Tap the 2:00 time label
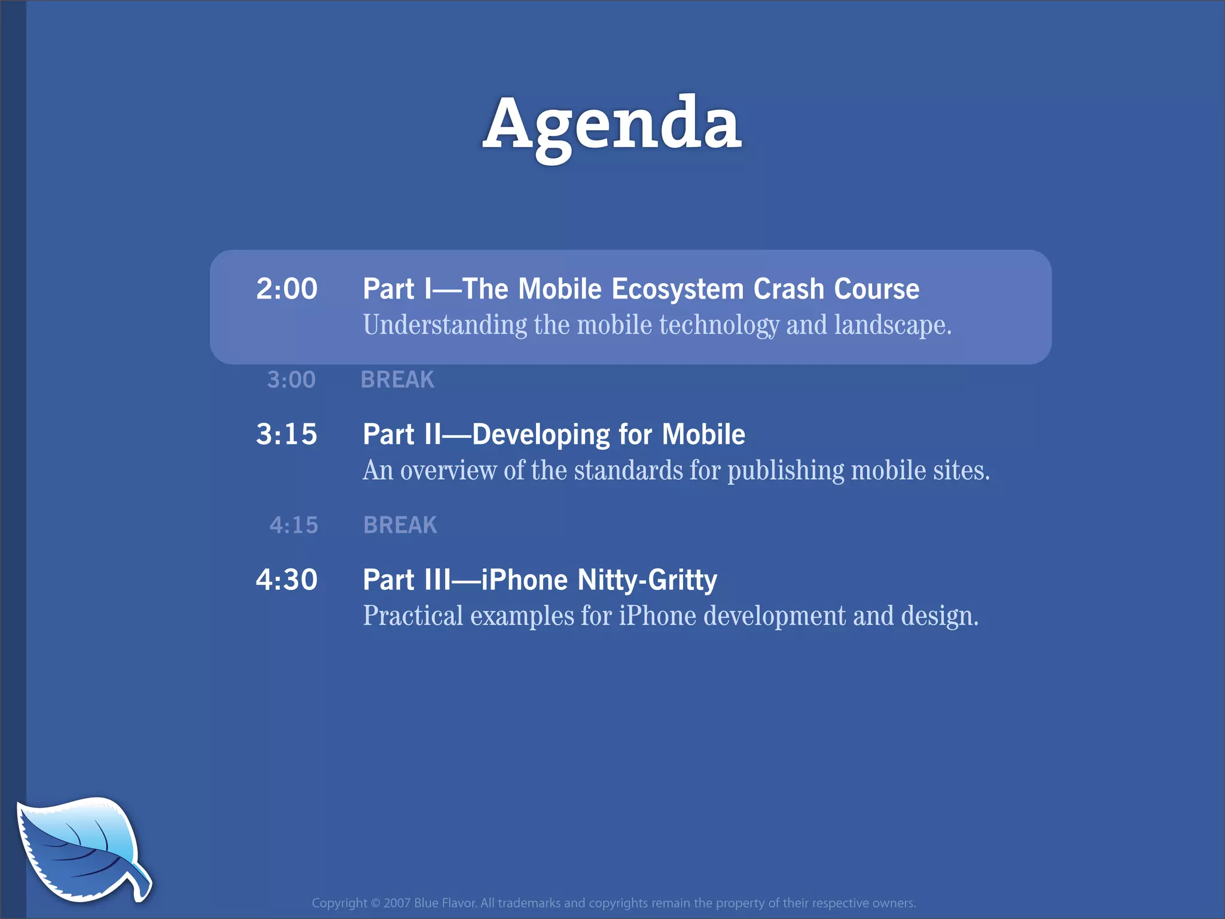287,289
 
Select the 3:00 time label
291,380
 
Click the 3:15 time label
287,434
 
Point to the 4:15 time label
294,525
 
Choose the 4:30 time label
287,580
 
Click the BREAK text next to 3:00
397,380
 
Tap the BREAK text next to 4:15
400,525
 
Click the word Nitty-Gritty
647,580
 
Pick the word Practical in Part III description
413,616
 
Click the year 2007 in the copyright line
397,903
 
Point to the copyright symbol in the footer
375,903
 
